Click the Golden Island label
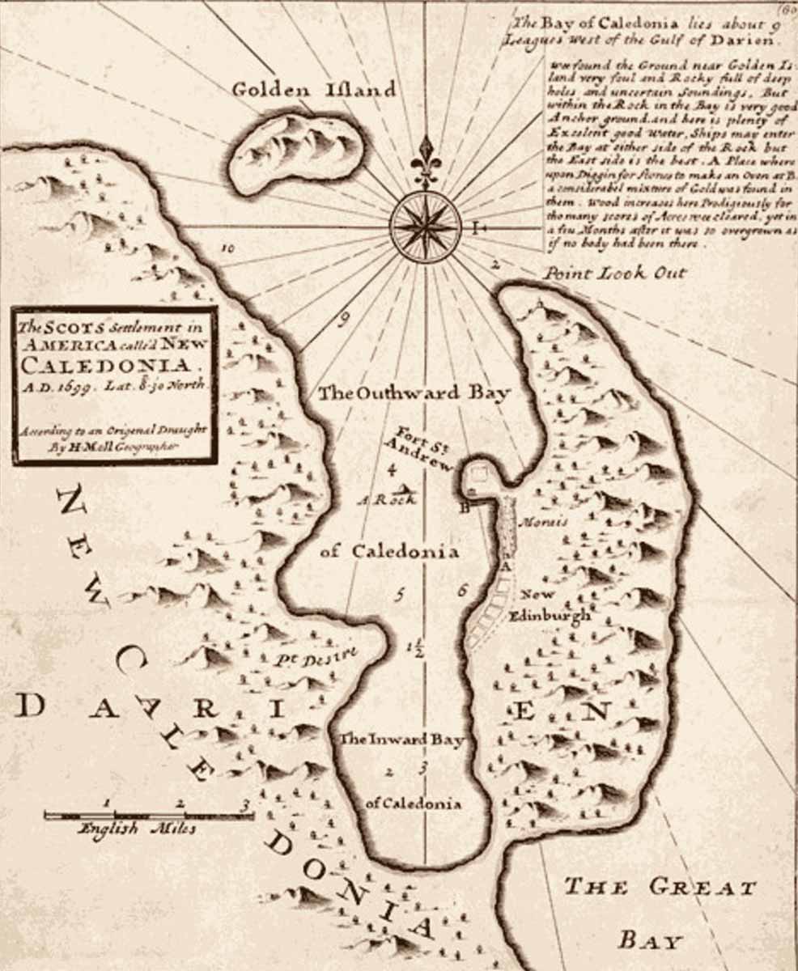coord(314,90)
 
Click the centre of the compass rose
coord(425,227)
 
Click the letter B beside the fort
coord(465,508)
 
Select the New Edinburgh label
coord(554,606)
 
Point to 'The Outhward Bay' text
coord(414,394)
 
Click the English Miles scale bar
coord(149,815)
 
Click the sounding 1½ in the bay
coord(416,647)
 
